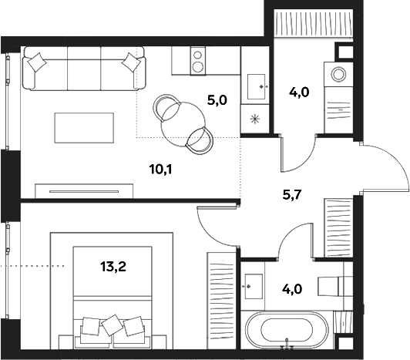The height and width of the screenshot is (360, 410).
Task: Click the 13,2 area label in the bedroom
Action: [113, 267]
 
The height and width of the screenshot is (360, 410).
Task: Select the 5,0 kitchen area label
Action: [217, 99]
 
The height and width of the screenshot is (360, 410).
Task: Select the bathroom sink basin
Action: [252, 287]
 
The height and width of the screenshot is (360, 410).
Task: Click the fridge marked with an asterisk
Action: [255, 119]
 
